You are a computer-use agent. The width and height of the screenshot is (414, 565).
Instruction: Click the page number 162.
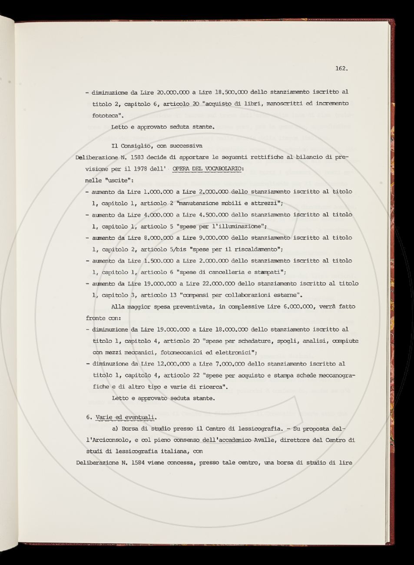pyautogui.click(x=341, y=68)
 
